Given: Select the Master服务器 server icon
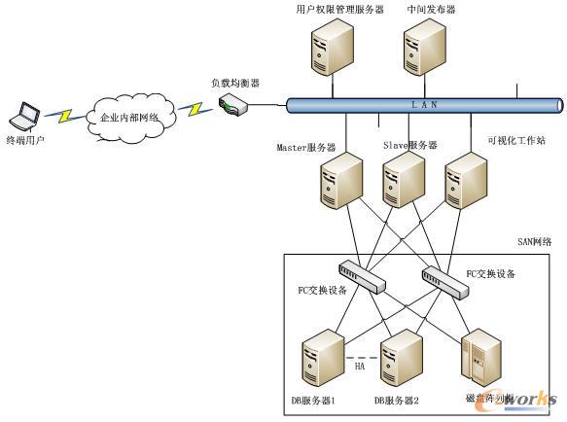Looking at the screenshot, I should click(342, 182).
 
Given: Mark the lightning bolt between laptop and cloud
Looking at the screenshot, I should click(60, 116).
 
